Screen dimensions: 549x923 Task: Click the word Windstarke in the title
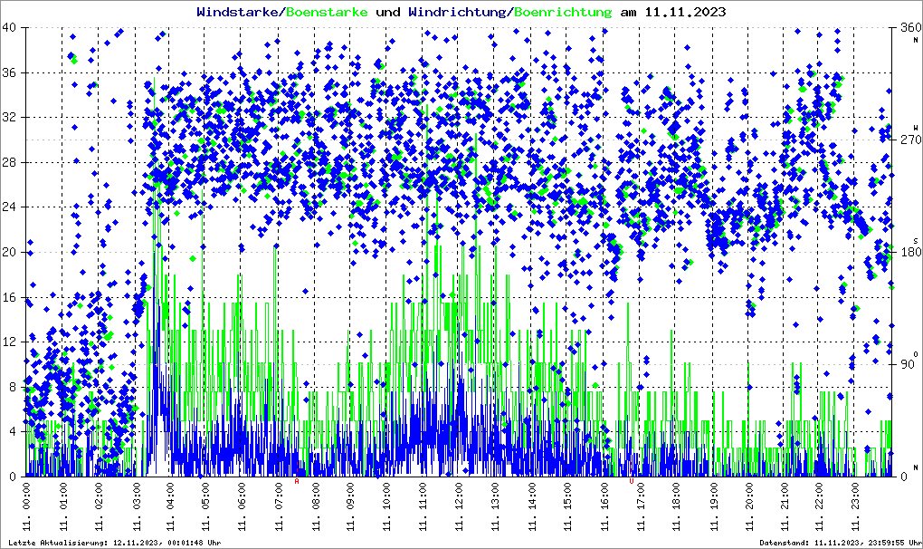[238, 13]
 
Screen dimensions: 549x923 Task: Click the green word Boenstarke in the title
[328, 13]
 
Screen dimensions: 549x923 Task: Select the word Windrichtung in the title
[458, 13]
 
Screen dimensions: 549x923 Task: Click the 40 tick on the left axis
[10, 27]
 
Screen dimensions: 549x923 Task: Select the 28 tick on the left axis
[10, 162]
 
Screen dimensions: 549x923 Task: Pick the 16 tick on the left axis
[10, 297]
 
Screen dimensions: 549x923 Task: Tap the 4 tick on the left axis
[13, 432]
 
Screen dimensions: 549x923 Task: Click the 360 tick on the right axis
[908, 27]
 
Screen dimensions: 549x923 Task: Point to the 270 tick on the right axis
[908, 140]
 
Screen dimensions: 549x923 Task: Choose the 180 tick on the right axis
[908, 252]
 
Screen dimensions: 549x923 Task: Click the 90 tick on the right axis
[905, 364]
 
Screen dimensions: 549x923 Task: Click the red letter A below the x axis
[297, 481]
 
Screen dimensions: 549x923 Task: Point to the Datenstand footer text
[839, 543]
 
